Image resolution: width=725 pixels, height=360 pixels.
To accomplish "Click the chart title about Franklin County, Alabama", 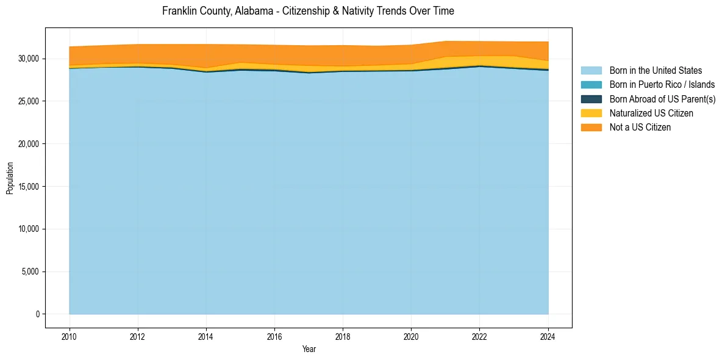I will tap(308, 11).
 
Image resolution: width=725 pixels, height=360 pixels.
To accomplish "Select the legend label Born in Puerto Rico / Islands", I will tap(662, 85).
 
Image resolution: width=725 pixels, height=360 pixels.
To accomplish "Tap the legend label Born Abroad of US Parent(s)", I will tap(662, 99).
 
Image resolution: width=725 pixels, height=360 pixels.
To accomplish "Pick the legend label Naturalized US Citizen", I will tap(651, 113).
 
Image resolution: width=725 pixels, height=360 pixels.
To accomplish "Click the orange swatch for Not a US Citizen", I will tap(591, 128).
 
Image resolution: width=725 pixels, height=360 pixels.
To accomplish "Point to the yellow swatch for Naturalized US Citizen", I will tap(591, 113).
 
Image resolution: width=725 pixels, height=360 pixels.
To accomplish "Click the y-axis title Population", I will tap(10, 178).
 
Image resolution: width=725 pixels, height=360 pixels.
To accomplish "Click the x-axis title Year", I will tap(309, 349).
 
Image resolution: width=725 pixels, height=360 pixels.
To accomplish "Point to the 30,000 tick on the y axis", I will tap(28, 59).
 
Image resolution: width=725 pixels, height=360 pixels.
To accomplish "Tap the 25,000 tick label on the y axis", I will tap(28, 101).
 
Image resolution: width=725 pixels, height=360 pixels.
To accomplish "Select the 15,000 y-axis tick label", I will tap(28, 187).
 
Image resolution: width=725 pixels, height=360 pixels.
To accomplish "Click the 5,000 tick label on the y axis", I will tap(30, 272).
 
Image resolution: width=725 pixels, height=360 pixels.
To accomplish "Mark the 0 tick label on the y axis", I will tap(37, 314).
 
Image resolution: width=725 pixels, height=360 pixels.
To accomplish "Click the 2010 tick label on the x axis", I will tap(70, 336).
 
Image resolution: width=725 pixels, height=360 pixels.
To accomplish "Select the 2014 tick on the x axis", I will tap(206, 336).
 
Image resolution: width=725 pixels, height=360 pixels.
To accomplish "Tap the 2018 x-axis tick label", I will tap(343, 336).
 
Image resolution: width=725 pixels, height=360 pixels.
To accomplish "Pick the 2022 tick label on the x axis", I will tap(479, 336).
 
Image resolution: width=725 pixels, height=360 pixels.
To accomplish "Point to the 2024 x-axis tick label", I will tap(548, 336).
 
